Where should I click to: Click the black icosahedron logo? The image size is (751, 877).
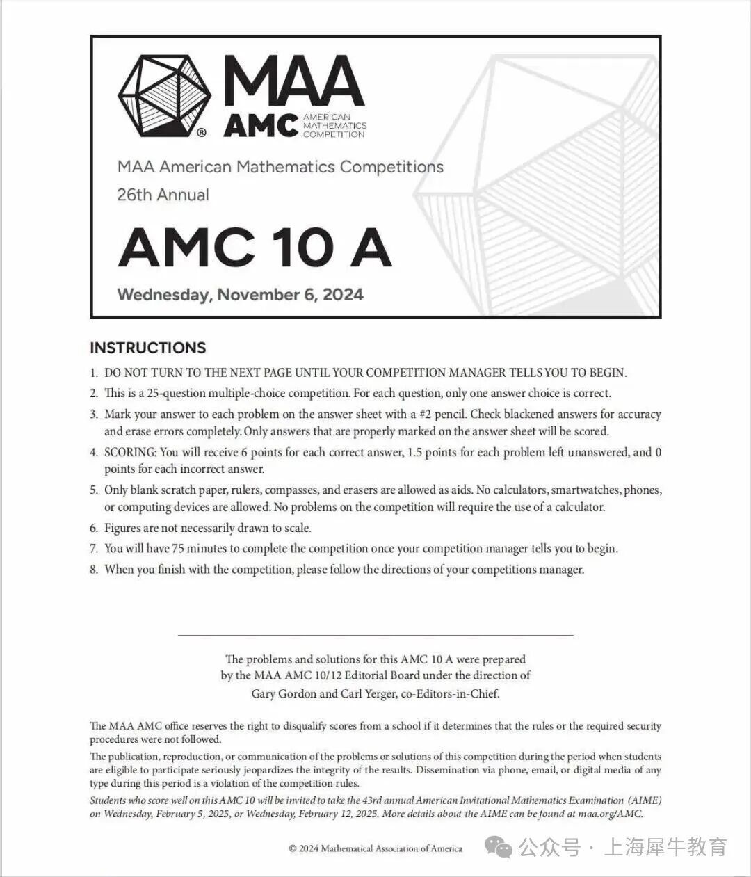pos(165,95)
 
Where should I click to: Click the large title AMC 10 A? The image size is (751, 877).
pos(255,247)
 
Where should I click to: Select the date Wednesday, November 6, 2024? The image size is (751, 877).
pos(240,294)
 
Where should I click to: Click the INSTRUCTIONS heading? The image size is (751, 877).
pos(147,348)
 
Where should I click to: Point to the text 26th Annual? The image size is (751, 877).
pos(163,195)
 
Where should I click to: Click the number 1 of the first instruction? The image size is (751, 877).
pos(93,373)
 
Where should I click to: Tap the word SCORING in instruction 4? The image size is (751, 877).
pos(130,452)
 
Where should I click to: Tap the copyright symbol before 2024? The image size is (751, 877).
pos(293,848)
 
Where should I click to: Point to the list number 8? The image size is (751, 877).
pos(93,570)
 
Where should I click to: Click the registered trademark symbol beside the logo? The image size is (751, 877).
pos(202,131)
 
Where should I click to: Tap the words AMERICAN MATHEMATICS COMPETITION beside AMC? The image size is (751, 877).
pos(334,125)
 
